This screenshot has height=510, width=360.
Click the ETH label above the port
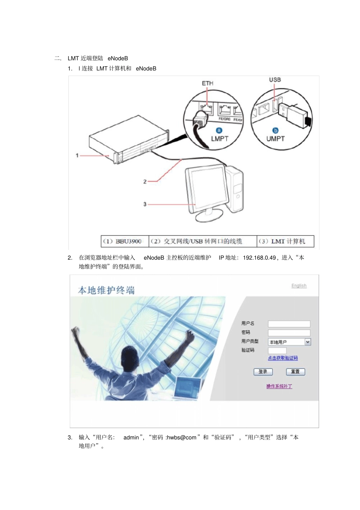click(x=207, y=83)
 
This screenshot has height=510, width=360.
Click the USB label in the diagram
click(x=275, y=80)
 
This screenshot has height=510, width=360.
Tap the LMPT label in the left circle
click(x=219, y=139)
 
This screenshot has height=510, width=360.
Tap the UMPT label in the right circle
click(x=275, y=139)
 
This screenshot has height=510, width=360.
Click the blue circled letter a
click(x=219, y=130)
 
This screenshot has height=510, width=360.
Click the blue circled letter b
click(x=275, y=130)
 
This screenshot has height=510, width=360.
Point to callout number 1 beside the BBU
click(x=77, y=155)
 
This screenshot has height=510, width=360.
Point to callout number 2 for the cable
click(x=145, y=182)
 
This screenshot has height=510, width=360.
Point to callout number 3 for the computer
click(x=145, y=204)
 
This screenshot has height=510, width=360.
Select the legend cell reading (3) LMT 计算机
click(x=285, y=241)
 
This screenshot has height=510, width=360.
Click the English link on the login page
click(x=299, y=286)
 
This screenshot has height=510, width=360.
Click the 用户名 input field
click(x=289, y=324)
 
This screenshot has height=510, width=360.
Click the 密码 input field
click(x=289, y=333)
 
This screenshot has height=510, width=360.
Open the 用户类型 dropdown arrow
click(x=308, y=342)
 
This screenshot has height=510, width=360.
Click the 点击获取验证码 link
click(x=283, y=358)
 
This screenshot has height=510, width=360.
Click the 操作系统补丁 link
click(x=279, y=386)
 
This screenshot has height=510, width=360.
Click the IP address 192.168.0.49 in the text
click(x=259, y=258)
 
